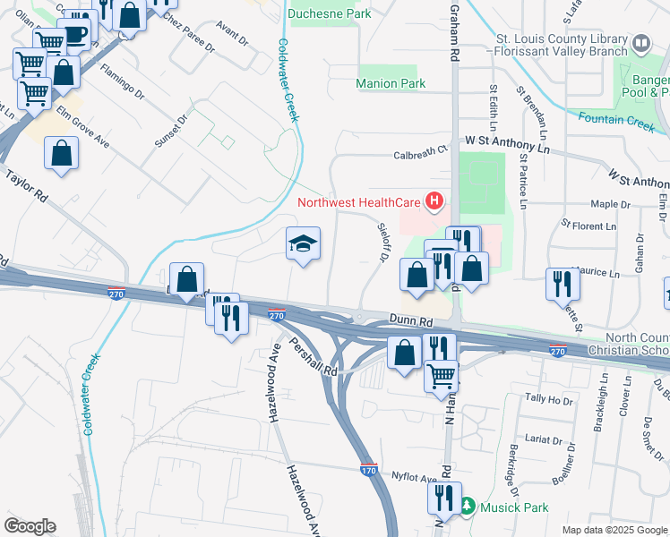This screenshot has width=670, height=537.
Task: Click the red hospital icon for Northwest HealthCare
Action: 434,201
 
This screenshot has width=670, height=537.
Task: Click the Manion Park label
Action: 390,83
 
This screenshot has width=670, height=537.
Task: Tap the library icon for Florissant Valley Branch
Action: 640,43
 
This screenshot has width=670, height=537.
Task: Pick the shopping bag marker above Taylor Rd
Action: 61,152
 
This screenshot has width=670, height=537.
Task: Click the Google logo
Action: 30,526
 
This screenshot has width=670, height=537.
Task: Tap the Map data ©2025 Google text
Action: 614,530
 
